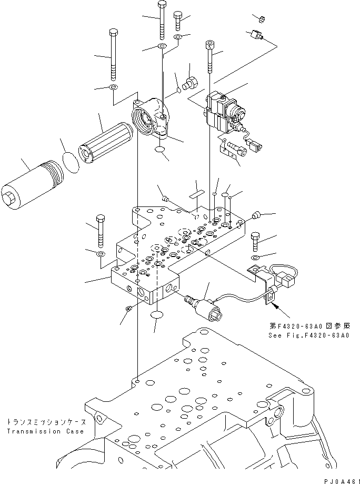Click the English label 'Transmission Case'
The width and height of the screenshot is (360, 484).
(45, 431)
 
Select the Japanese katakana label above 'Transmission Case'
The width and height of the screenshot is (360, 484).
(45, 422)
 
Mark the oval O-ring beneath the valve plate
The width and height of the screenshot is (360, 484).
(157, 315)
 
